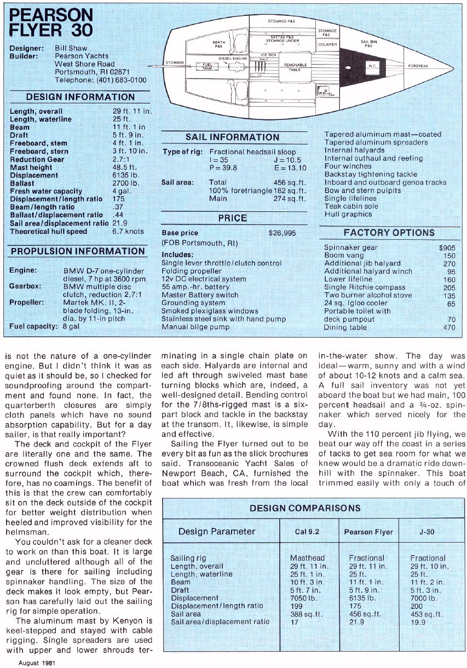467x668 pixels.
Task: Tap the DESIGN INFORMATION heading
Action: click(x=80, y=97)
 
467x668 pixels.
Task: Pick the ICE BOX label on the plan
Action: click(x=269, y=55)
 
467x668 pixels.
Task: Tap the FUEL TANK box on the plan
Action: click(x=206, y=67)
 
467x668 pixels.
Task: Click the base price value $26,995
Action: click(x=282, y=233)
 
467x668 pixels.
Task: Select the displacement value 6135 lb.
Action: click(x=120, y=175)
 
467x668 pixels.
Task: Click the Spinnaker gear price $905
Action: click(x=447, y=247)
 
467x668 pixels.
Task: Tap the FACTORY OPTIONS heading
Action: click(x=389, y=233)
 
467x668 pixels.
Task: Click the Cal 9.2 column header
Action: click(x=307, y=532)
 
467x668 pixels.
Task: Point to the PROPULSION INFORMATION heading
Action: click(x=78, y=251)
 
